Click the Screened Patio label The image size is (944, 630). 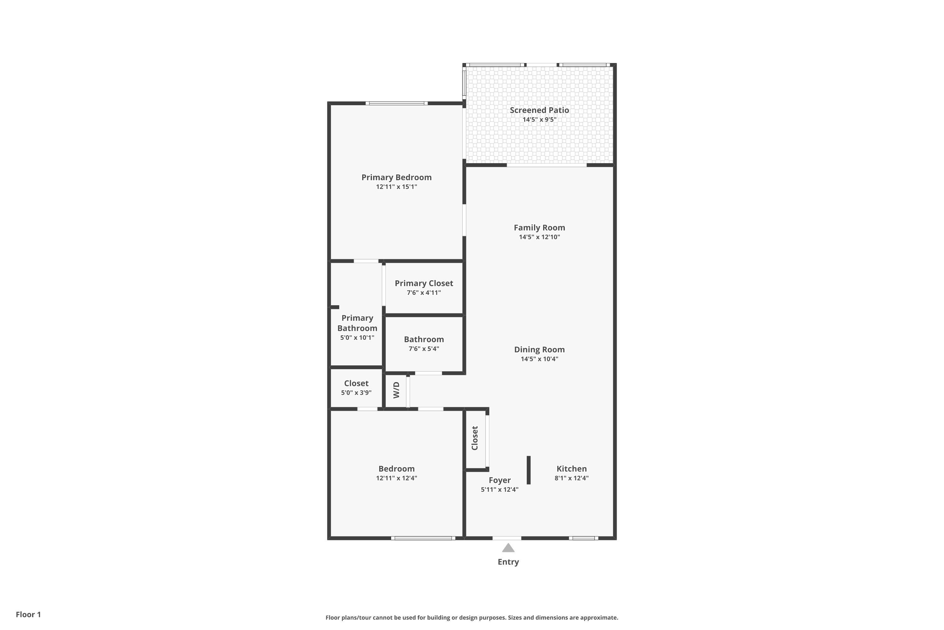click(x=539, y=110)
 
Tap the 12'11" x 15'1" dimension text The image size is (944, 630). click(x=396, y=187)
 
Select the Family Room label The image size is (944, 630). click(x=539, y=227)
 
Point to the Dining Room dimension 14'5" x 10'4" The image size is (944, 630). click(x=539, y=359)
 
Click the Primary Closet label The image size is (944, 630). click(x=424, y=283)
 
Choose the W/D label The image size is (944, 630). click(x=396, y=390)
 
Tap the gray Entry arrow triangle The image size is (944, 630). click(x=508, y=548)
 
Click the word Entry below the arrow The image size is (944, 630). click(x=508, y=562)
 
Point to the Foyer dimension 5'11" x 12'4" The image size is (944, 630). click(x=499, y=490)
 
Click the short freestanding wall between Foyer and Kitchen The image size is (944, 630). click(x=528, y=470)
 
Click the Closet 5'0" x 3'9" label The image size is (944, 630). click(x=356, y=383)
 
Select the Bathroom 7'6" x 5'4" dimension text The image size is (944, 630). click(x=424, y=349)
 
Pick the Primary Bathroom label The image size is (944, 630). click(x=357, y=323)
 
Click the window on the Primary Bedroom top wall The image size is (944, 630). click(x=396, y=103)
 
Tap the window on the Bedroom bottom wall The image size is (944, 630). click(x=423, y=538)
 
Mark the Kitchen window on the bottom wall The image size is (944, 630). click(x=583, y=538)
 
